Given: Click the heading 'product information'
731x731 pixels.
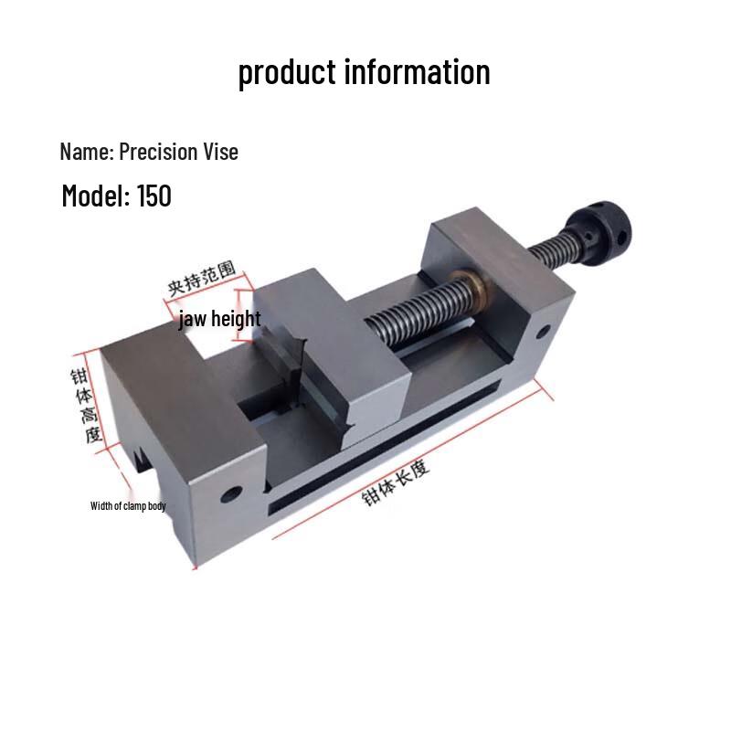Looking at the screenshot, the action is tap(364, 72).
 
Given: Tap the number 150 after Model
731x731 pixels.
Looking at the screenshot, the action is tap(154, 196).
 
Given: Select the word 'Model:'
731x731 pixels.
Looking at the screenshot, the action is tap(97, 196).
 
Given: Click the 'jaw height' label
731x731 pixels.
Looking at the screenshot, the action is tap(219, 319).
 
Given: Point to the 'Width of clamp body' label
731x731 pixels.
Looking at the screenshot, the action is tap(128, 506).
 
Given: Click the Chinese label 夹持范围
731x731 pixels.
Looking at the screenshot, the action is tap(201, 279).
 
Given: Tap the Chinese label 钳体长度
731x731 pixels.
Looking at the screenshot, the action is tap(396, 482).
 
